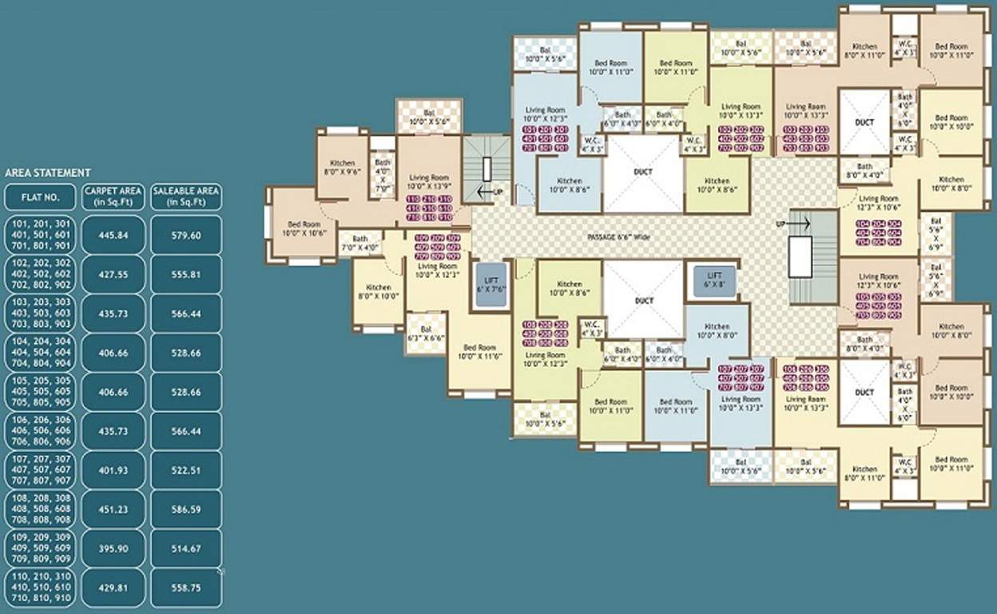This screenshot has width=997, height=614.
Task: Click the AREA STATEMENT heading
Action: pos(48,172)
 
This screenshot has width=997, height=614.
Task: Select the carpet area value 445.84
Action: pos(113,235)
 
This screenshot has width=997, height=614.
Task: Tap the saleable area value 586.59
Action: pos(186,509)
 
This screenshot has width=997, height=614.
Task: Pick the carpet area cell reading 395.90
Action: pos(113,548)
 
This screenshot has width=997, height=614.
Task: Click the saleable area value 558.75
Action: pos(186,587)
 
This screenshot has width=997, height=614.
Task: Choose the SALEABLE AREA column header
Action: pos(186,196)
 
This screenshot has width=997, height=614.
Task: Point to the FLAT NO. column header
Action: pos(40,197)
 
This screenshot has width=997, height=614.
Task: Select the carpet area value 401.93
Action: pos(113,470)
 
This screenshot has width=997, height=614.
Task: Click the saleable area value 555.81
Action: pos(186,274)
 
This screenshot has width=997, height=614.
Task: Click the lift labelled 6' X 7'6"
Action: pos(491,284)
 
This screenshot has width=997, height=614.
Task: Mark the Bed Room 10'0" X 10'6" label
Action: pos(304,229)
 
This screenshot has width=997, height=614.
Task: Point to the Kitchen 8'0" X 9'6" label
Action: pos(342,167)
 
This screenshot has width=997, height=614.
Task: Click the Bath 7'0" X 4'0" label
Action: pos(360,242)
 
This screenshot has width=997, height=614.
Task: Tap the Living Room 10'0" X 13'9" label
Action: pos(429,181)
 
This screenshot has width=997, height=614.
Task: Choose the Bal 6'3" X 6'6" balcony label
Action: pos(426,333)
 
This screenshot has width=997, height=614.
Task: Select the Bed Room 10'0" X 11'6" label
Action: pos(479,352)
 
